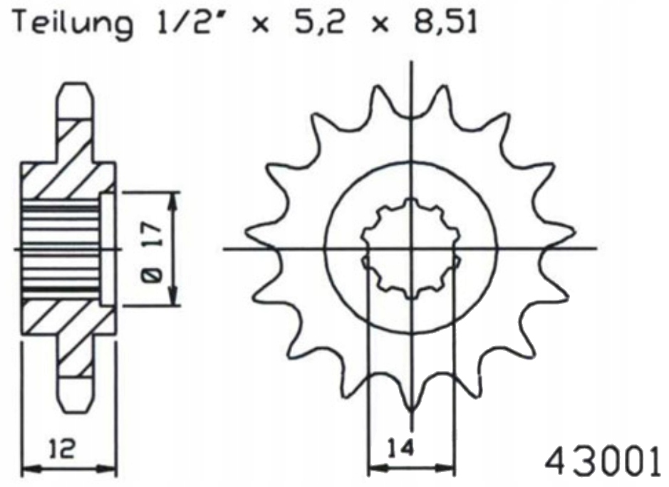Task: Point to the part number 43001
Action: pos(603,464)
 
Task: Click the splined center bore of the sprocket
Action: pos(410,249)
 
